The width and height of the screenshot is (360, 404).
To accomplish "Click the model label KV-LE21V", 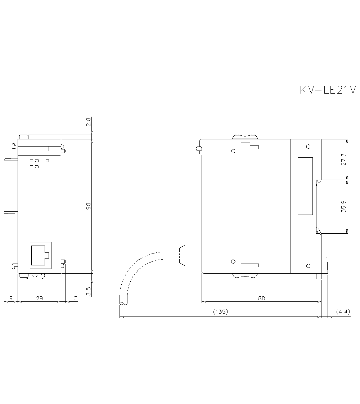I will click(328, 90).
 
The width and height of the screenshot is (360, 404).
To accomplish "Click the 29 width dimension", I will click(40, 298).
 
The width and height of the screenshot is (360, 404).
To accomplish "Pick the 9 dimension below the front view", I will click(11, 298).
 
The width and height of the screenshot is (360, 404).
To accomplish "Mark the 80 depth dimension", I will click(262, 298).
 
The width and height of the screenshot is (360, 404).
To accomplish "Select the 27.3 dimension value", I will click(344, 159).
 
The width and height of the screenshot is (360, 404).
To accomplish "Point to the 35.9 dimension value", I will click(344, 206).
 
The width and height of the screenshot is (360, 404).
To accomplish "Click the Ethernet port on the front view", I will click(40, 255).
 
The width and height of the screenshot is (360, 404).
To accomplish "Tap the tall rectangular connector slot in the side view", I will click(305, 186).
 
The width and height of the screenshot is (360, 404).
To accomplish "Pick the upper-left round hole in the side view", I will click(233, 151).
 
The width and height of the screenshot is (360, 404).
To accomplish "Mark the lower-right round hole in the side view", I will click(308, 266).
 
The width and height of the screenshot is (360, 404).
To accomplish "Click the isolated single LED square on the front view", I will click(47, 161).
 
